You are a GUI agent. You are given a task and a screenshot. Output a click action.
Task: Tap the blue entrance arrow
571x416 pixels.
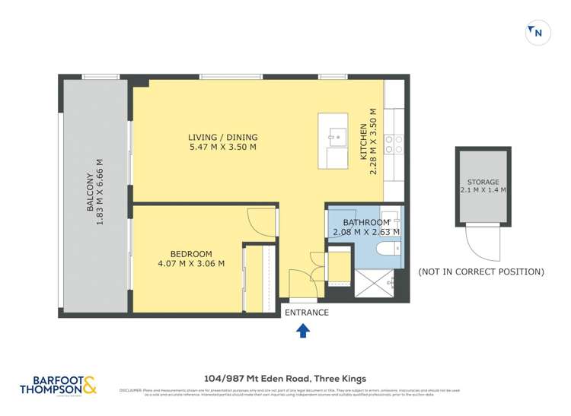coord(302,330)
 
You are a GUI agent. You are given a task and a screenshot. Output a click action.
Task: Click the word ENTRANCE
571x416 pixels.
coord(306,313)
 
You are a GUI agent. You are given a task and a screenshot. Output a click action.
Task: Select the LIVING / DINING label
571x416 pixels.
coord(222,137)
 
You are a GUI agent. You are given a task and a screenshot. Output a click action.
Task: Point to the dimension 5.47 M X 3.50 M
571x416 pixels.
coord(222,148)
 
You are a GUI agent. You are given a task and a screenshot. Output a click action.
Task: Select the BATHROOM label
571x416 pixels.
coord(366,222)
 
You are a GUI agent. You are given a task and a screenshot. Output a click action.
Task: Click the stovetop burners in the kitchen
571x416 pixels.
coord(394,145)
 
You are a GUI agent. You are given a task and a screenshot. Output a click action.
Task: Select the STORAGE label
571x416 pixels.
coord(483,183)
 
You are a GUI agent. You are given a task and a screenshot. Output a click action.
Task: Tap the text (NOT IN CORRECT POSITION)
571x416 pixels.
coord(481,272)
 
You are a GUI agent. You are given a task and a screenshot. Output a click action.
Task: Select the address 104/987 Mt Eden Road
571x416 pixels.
coord(285,378)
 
